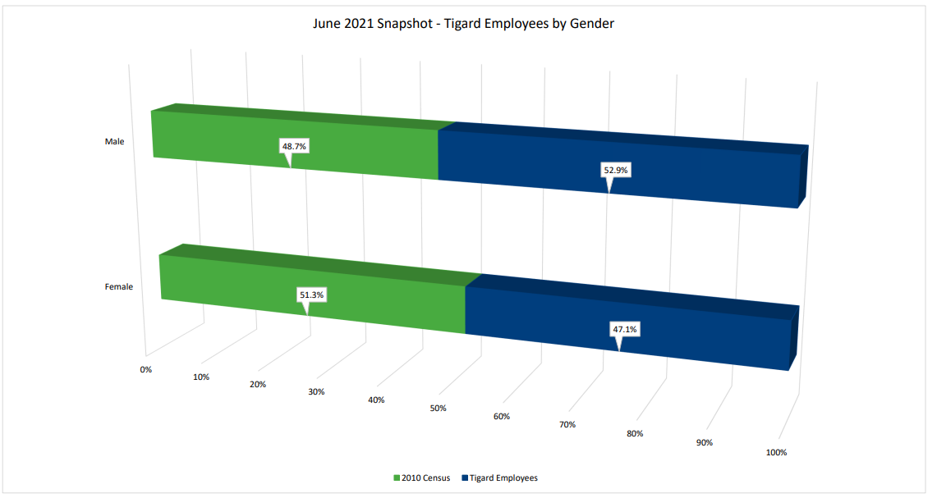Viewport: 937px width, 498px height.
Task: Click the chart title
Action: click(x=463, y=24)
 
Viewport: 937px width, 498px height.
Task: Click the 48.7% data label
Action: click(x=294, y=146)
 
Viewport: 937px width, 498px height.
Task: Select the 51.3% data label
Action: click(x=312, y=294)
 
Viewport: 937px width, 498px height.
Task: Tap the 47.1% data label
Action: click(x=624, y=329)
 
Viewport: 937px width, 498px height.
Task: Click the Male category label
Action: click(x=114, y=142)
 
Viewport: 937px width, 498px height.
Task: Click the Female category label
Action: click(x=119, y=287)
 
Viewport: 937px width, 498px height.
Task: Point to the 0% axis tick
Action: click(x=146, y=370)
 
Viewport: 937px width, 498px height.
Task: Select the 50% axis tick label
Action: click(x=438, y=409)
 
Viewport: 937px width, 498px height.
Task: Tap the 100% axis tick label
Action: click(x=776, y=453)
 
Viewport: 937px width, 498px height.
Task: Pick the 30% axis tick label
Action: click(x=316, y=392)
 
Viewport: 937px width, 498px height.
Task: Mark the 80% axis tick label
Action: click(x=634, y=434)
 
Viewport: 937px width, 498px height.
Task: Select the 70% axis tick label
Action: click(x=567, y=425)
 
